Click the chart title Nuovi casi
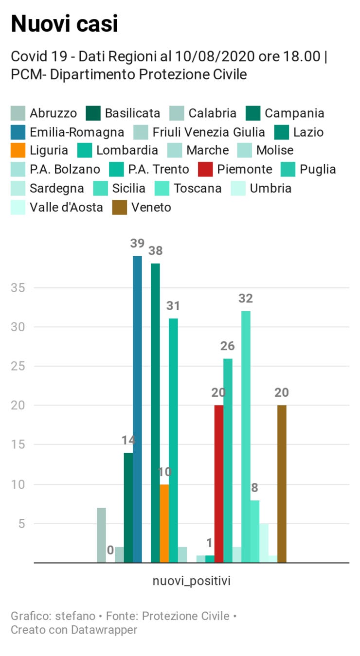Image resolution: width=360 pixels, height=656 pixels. coord(64,23)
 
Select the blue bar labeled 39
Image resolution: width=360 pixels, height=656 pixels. coord(137,408)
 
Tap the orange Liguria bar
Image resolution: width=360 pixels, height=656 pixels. coord(164,523)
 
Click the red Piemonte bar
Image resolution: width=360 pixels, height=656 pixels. coord(219,484)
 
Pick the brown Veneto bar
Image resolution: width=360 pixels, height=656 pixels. coord(282,484)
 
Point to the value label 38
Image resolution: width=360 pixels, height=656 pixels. coord(156,251)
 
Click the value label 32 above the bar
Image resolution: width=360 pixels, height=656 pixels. coord(246,299)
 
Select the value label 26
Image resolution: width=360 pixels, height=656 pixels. coord(228,346)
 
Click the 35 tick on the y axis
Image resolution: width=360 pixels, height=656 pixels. coord(18,287)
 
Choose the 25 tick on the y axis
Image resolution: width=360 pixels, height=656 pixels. coord(18,366)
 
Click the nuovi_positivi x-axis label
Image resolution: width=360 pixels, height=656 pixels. coord(192,581)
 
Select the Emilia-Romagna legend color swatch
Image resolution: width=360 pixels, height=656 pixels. coord(18,132)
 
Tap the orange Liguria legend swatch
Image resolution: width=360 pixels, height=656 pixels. coord(18,151)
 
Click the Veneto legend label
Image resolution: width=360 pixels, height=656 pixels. coord(151,207)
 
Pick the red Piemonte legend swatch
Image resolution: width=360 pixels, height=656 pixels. coord(205,170)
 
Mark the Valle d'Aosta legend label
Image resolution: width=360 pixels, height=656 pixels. coord(66,207)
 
